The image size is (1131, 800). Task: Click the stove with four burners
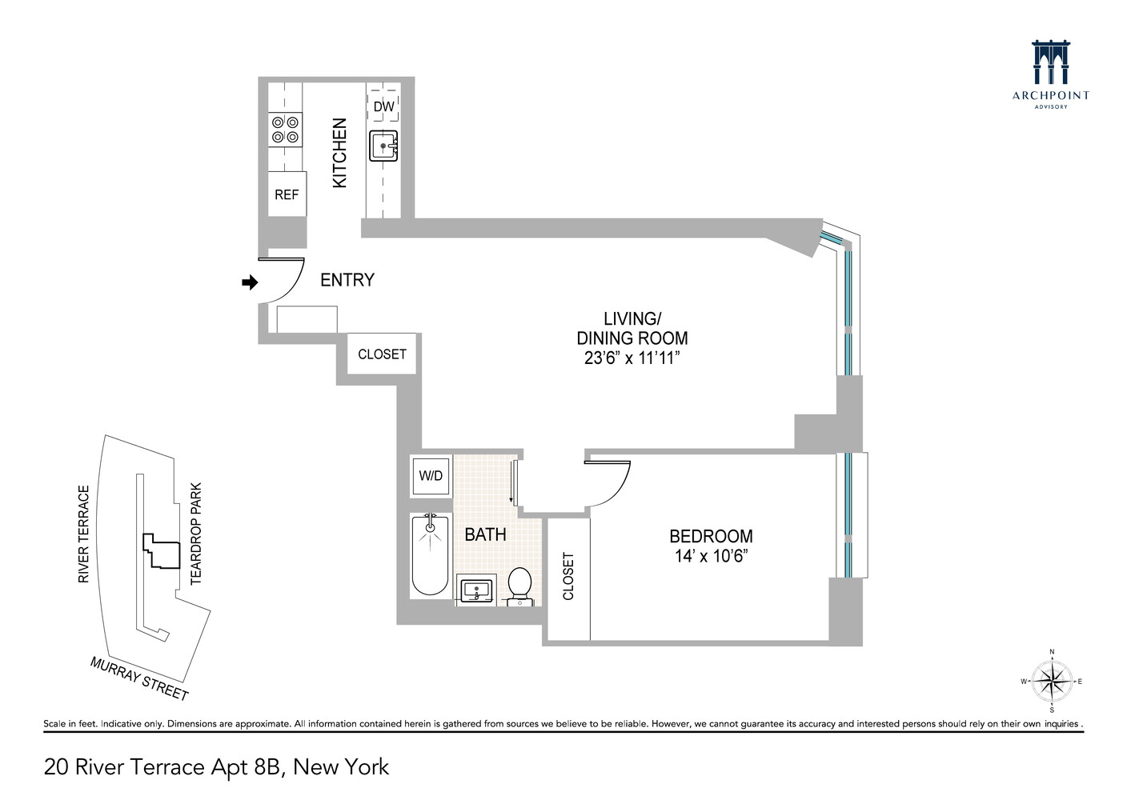(x=286, y=130)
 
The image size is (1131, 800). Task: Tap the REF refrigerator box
(x=287, y=194)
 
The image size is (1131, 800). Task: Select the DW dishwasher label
(x=383, y=106)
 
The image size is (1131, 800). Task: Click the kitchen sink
(x=384, y=146)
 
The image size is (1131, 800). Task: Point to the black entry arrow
(x=251, y=282)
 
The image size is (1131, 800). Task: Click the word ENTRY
(x=347, y=280)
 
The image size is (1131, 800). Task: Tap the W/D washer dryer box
(x=431, y=476)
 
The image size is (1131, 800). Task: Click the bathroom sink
(x=477, y=590)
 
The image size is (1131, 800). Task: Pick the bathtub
(x=430, y=554)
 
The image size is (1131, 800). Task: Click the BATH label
(x=485, y=534)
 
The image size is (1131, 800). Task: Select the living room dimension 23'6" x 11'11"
(x=632, y=358)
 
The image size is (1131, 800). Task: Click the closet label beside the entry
(x=382, y=354)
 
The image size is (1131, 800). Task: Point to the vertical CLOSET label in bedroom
(x=568, y=576)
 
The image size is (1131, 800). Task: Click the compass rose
(x=1052, y=681)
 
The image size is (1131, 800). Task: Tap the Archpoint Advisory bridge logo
(x=1051, y=62)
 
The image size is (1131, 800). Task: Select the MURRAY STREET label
(x=138, y=679)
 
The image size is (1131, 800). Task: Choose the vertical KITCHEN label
(x=340, y=153)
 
